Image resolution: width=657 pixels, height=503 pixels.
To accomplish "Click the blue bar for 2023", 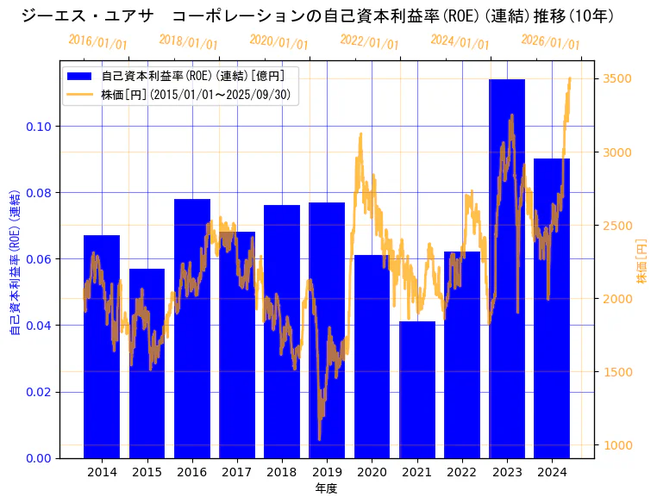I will (x=507, y=268).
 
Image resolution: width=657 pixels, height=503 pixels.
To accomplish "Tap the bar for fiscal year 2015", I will (x=147, y=363).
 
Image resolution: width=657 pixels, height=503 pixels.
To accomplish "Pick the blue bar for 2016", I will (x=192, y=328).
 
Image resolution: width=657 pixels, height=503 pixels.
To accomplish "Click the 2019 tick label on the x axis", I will (x=327, y=472).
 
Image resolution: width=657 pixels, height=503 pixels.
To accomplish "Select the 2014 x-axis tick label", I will (x=102, y=472).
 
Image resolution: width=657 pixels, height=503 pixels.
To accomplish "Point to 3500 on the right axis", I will (x=618, y=78).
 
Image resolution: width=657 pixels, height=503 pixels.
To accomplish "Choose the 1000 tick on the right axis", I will (x=618, y=445).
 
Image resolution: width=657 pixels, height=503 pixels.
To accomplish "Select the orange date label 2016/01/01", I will (x=97, y=41).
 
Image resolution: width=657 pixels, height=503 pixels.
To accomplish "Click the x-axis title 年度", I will (x=326, y=488).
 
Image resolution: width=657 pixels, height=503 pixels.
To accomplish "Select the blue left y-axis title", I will (x=15, y=259).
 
